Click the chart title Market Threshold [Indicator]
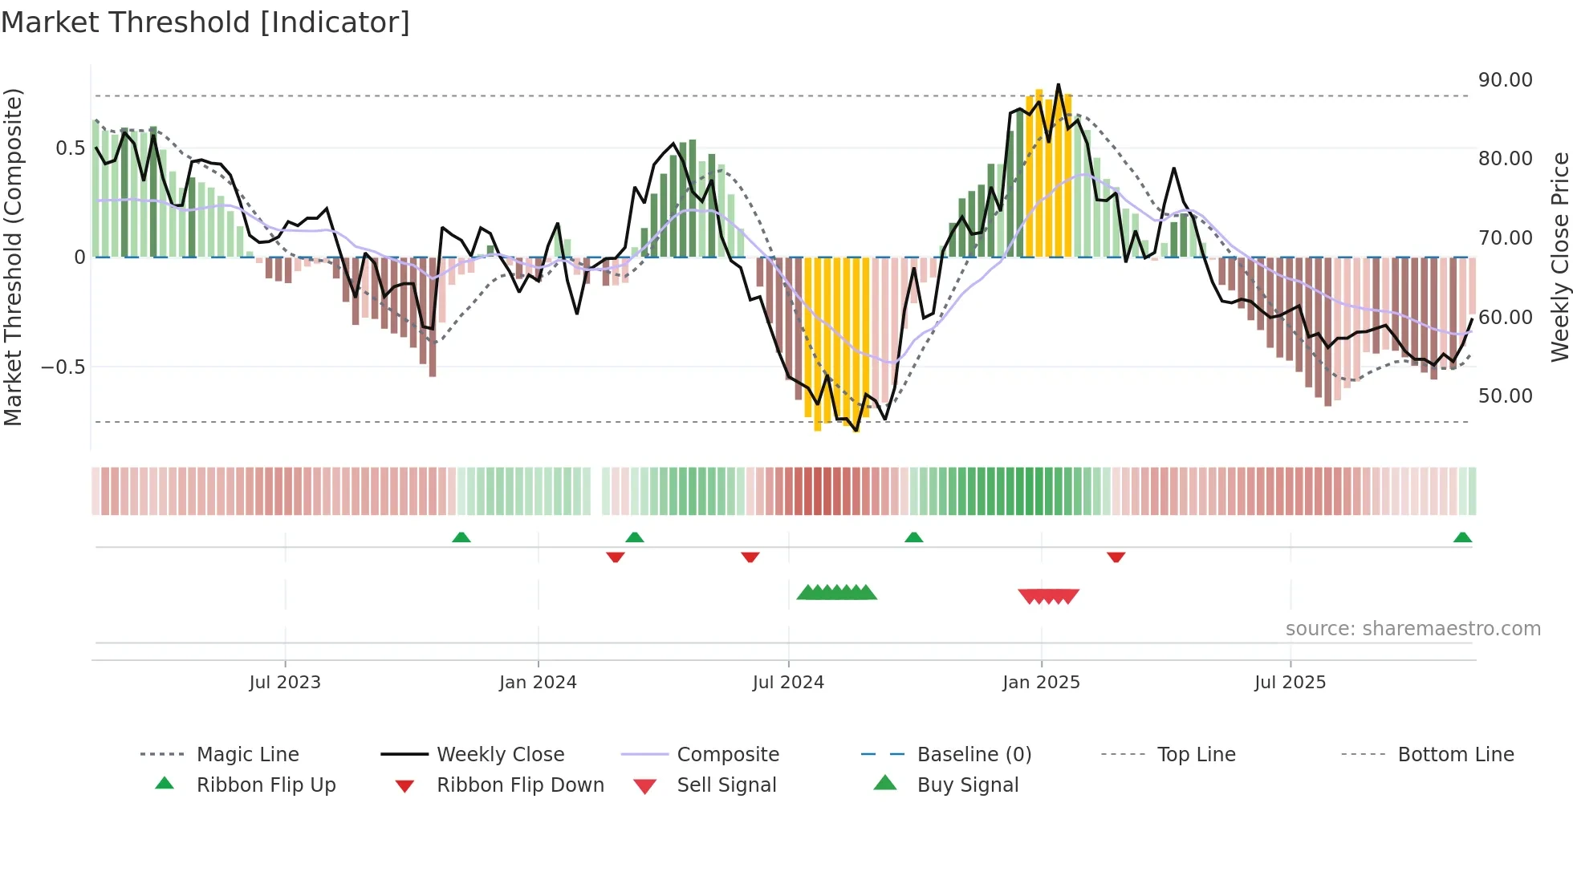pyautogui.click(x=205, y=22)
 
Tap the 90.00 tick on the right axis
pyautogui.click(x=1505, y=80)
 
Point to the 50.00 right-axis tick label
pyautogui.click(x=1505, y=396)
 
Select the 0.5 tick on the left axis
pyautogui.click(x=70, y=148)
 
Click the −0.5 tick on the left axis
pyautogui.click(x=63, y=367)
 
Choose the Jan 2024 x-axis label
pyautogui.click(x=538, y=683)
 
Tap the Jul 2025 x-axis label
pyautogui.click(x=1290, y=683)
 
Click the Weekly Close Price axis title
pyautogui.click(x=1559, y=257)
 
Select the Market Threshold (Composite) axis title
pyautogui.click(x=13, y=257)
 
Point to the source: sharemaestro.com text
pyautogui.click(x=1412, y=629)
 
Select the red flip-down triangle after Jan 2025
pyautogui.click(x=1116, y=557)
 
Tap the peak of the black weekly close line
pyautogui.click(x=1058, y=85)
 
